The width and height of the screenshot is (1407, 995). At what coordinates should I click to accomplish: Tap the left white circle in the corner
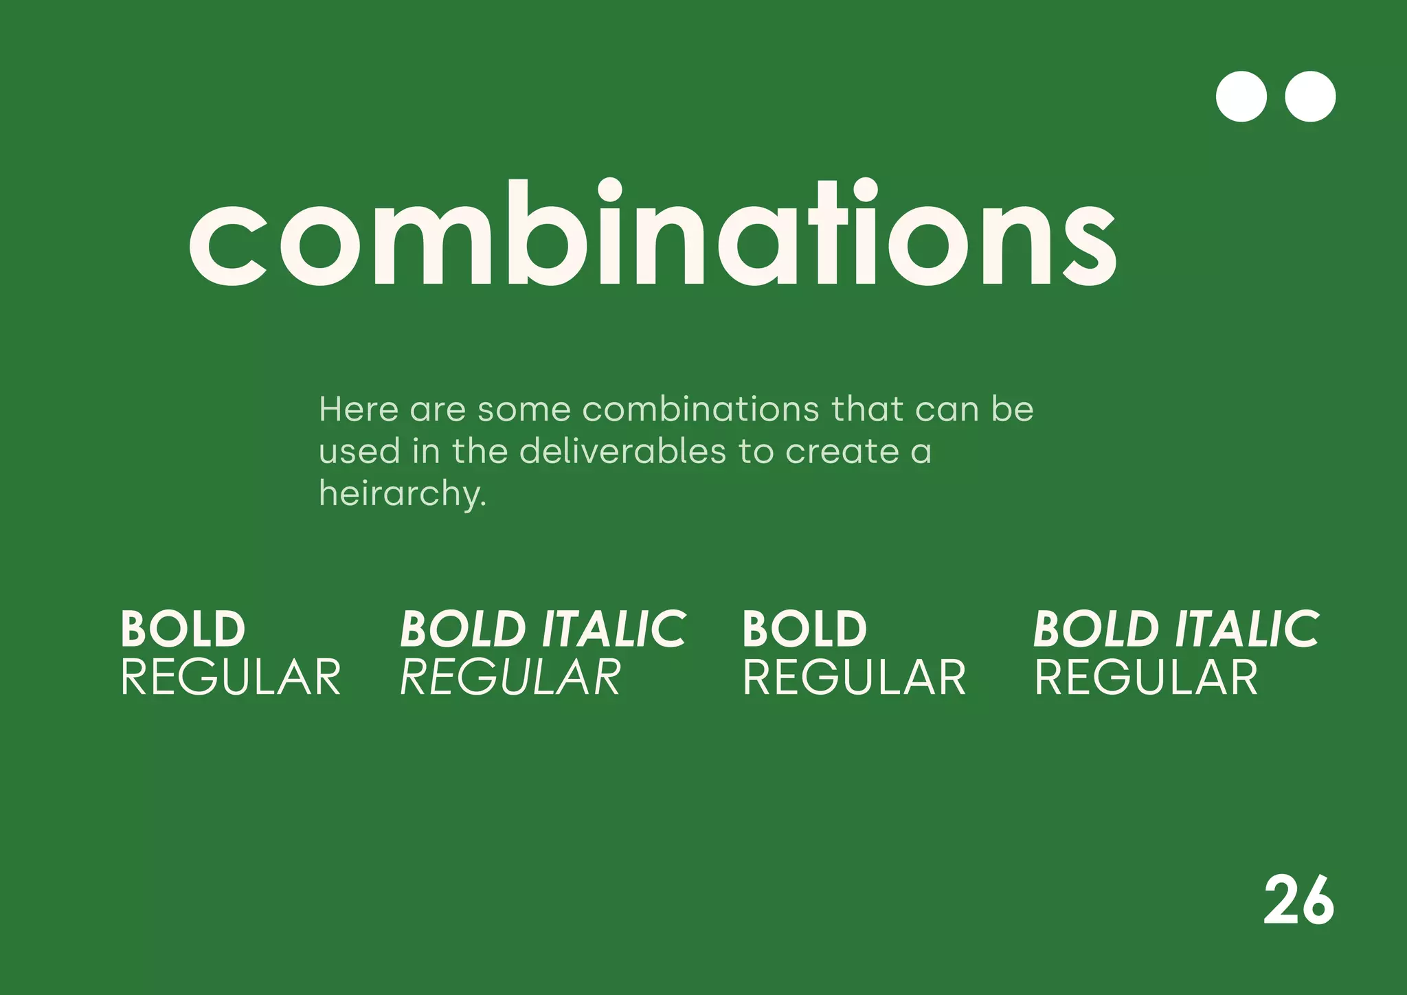[x=1241, y=97]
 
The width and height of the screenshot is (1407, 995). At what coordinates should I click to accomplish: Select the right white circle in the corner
[x=1310, y=97]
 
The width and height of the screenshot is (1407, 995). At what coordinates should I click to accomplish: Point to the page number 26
[x=1298, y=901]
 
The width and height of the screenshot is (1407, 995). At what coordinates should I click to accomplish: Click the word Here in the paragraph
[x=359, y=410]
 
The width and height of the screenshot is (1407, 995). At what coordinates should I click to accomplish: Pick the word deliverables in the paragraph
[x=622, y=452]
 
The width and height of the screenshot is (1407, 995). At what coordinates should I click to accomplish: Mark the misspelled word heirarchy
[x=403, y=494]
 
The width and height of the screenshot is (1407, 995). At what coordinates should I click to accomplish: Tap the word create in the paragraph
[x=842, y=452]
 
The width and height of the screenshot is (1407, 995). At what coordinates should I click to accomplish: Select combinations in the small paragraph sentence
[x=701, y=410]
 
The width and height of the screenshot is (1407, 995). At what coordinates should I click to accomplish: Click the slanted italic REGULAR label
[x=510, y=678]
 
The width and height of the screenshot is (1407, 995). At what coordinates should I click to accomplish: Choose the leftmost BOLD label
[x=183, y=629]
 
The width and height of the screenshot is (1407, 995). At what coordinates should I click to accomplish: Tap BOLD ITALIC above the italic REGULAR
[x=543, y=629]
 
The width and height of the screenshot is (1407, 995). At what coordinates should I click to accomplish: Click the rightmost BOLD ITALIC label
[x=1176, y=629]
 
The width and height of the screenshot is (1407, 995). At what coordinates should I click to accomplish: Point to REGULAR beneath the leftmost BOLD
[x=231, y=678]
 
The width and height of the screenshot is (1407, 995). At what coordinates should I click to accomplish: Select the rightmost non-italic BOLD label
[x=804, y=629]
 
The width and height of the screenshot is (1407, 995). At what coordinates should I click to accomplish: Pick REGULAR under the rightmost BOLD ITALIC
[x=1146, y=678]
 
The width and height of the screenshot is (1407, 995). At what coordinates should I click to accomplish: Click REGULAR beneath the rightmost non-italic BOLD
[x=854, y=678]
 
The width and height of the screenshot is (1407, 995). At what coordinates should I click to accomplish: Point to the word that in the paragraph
[x=867, y=410]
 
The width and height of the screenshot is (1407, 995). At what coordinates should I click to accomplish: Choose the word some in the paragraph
[x=524, y=410]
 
